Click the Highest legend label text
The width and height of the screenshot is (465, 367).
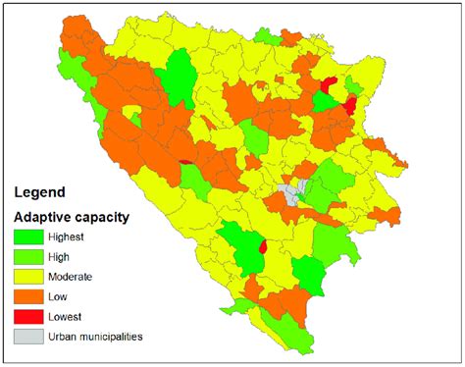(x=75, y=236)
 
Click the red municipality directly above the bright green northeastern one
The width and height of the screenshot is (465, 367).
(x=329, y=86)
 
